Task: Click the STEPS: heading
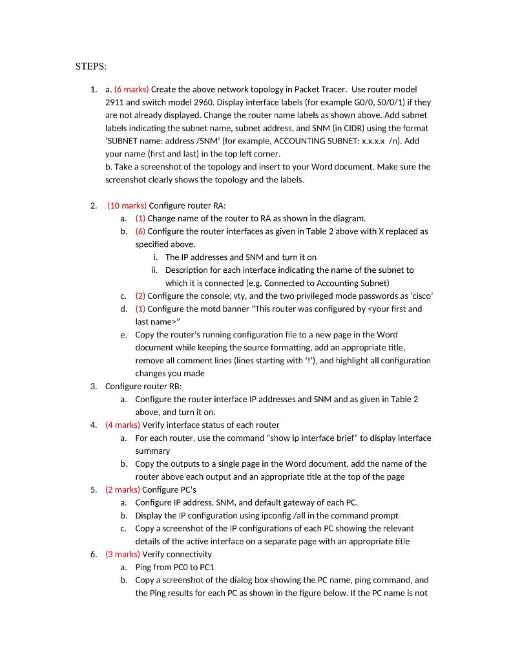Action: [x=91, y=66]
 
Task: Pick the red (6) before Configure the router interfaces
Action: [x=141, y=231]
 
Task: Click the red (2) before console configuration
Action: [x=141, y=296]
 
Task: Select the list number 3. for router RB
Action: [x=94, y=386]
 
